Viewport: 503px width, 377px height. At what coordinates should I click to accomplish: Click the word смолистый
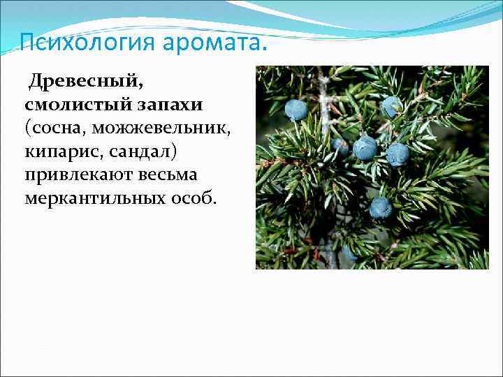point(75,105)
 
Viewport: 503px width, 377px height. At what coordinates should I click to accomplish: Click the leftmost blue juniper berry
point(296,110)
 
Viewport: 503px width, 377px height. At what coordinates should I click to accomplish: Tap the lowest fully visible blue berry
point(380,207)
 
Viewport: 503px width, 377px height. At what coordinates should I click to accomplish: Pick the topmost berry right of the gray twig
point(391,106)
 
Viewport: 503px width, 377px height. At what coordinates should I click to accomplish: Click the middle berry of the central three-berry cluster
point(365,148)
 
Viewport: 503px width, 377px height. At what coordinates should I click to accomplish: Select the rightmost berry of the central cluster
point(398,154)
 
